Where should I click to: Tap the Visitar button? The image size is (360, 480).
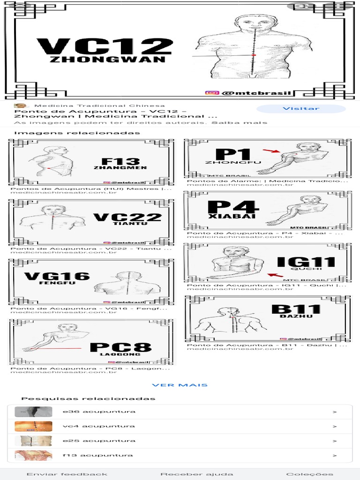[x=300, y=109]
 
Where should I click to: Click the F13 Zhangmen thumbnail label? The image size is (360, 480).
[x=120, y=163]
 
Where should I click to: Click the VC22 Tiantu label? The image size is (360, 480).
[x=127, y=219]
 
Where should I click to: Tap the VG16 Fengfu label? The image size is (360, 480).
[x=57, y=277]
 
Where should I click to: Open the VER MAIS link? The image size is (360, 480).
[x=180, y=385]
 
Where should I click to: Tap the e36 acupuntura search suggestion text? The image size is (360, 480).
[x=99, y=412]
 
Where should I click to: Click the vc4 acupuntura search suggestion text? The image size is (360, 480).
[x=98, y=426]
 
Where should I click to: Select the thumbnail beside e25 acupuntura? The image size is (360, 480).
[x=27, y=441]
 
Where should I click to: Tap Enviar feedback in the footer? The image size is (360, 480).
[x=67, y=474]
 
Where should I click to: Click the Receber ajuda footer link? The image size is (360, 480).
[x=196, y=474]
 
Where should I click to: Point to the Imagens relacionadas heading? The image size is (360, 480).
[x=77, y=133]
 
